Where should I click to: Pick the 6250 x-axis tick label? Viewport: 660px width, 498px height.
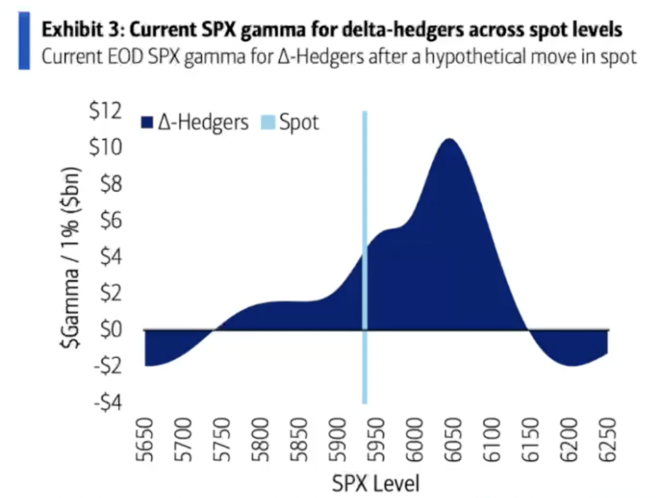(607, 441)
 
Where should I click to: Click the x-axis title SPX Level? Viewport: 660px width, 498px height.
(376, 483)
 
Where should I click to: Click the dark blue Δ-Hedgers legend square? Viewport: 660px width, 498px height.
(147, 123)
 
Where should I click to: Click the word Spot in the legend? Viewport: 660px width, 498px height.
(299, 122)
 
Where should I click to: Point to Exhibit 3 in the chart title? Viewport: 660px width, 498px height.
(75, 30)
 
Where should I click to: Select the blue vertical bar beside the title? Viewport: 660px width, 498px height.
(24, 41)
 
